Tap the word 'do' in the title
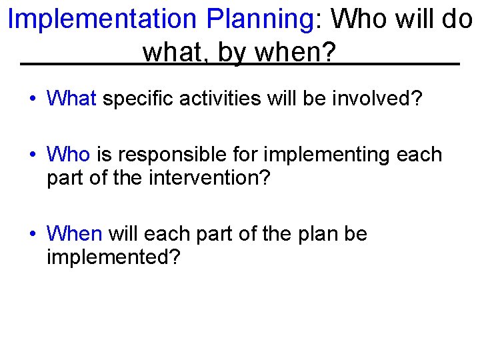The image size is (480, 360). (457, 19)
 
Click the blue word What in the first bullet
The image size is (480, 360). (72, 99)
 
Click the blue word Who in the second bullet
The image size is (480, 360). (68, 155)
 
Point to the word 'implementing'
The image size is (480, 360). (326, 155)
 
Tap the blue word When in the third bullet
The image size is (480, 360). (74, 234)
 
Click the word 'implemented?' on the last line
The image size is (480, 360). (113, 258)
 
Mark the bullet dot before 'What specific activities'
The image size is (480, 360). (33, 100)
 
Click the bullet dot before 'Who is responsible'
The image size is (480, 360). (33, 155)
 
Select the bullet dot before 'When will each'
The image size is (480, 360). (33, 235)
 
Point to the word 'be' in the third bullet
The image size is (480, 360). (355, 234)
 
